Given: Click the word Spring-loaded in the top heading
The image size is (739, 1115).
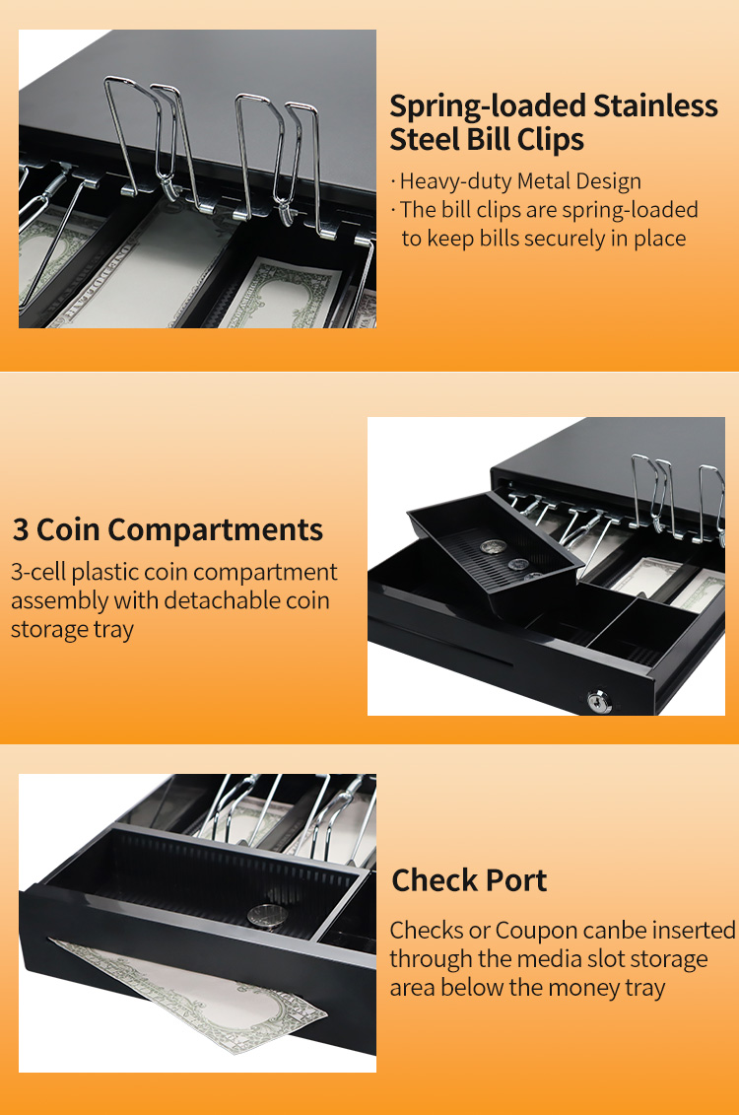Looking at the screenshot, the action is (x=488, y=106).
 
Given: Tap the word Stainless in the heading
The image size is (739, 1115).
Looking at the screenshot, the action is (x=656, y=105).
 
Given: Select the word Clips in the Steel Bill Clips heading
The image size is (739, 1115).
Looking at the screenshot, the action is (x=551, y=139).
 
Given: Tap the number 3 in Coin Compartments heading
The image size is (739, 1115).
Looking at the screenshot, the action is (x=21, y=529).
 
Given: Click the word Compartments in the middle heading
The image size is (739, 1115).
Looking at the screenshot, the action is (x=216, y=530).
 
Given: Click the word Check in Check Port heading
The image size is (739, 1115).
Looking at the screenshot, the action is (x=432, y=880).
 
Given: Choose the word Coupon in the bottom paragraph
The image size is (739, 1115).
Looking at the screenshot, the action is (x=536, y=931).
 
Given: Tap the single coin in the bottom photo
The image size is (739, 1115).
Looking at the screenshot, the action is (x=267, y=916).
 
